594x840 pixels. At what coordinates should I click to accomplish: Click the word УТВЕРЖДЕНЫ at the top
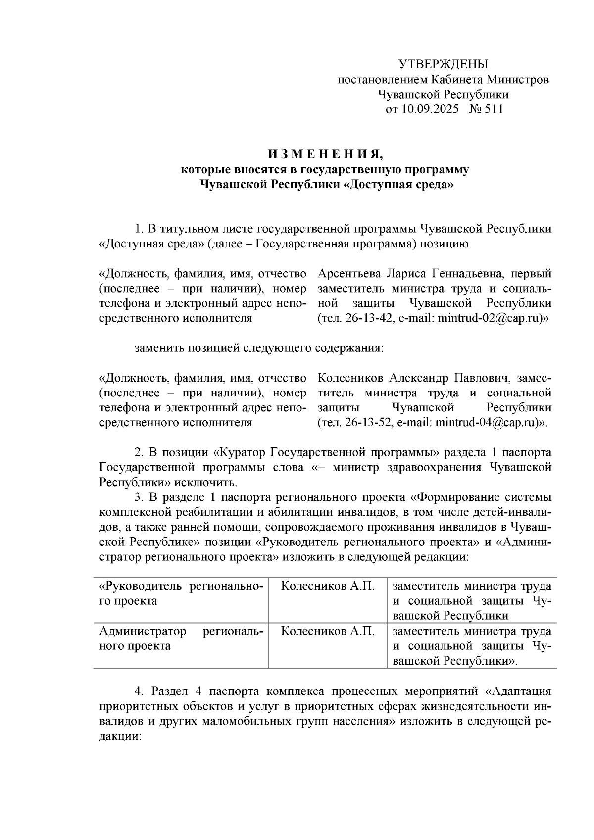tap(443, 64)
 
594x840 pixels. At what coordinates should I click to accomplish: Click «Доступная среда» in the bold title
tap(398, 185)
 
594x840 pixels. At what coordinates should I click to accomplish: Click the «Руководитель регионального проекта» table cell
tap(181, 593)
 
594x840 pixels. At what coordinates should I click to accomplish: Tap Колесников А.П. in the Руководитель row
tap(327, 587)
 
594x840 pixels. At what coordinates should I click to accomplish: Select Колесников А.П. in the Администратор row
tap(327, 632)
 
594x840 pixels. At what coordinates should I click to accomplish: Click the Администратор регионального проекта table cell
tap(181, 639)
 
